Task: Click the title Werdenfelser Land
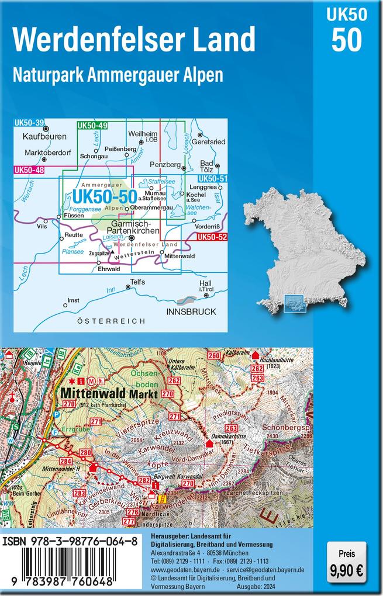tap(134, 39)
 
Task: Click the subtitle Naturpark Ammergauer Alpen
tap(118, 75)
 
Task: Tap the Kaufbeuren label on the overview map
tap(44, 137)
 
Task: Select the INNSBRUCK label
tap(191, 311)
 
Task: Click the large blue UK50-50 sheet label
tap(103, 196)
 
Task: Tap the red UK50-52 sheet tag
tap(212, 237)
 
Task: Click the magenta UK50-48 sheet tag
tap(29, 170)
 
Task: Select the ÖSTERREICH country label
tap(111, 321)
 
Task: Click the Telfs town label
tap(137, 282)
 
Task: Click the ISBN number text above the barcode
tap(70, 542)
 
